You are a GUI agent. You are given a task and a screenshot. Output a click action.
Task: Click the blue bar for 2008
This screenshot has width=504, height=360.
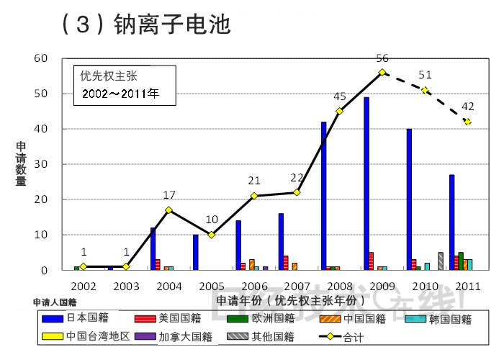[x=324, y=196]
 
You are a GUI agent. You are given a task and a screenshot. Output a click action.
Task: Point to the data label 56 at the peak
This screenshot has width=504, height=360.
[x=382, y=58]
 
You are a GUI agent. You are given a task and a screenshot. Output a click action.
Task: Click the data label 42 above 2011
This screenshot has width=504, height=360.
[x=467, y=107]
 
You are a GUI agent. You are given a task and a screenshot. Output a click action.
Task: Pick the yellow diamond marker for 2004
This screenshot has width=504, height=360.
[x=168, y=210]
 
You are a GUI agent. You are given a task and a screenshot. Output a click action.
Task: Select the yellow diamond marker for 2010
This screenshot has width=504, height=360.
[x=425, y=90]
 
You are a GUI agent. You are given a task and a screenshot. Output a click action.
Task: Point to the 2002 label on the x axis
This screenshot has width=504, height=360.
[x=84, y=286]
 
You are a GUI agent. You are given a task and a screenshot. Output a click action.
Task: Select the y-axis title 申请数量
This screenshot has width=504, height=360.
[x=21, y=164]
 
